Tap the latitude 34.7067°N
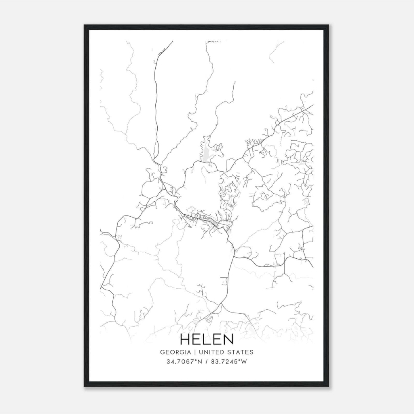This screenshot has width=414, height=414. click(184, 362)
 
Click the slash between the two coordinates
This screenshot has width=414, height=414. click(206, 362)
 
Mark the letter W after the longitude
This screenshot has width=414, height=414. click(244, 362)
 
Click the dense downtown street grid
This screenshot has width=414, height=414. click(208, 221)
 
